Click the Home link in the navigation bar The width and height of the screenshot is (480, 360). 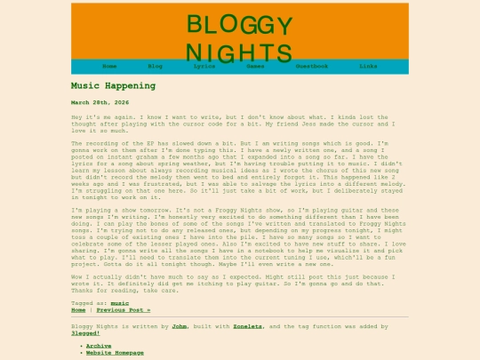[109, 66]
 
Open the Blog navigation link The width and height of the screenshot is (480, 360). [155, 66]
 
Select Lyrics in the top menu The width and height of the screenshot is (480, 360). [204, 66]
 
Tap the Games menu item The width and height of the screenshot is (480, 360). [255, 66]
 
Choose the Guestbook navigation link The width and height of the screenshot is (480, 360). [312, 66]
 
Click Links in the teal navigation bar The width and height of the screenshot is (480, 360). [368, 66]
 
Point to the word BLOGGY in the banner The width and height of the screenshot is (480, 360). [238, 25]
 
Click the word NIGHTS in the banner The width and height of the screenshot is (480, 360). [238, 53]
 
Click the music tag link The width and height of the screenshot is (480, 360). [119, 303]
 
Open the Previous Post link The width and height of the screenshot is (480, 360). [124, 310]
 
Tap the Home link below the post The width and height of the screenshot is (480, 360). [78, 310]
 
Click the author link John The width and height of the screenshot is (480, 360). [180, 326]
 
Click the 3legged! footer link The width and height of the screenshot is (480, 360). [86, 333]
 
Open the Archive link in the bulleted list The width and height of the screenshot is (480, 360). [99, 346]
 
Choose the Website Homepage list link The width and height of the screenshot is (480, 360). [115, 353]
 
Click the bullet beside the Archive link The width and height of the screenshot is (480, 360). [82, 346]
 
